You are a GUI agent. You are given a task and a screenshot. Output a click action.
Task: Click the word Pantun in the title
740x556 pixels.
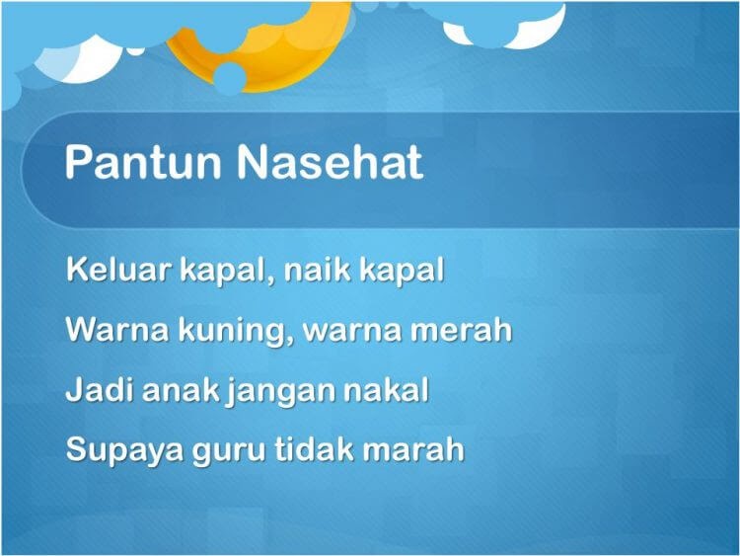pyautogui.click(x=143, y=162)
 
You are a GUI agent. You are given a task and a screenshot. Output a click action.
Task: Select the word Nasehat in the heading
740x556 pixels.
pyautogui.click(x=330, y=162)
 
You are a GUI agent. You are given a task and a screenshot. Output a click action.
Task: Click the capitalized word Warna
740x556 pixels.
pyautogui.click(x=117, y=329)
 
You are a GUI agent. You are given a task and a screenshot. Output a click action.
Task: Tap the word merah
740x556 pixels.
pyautogui.click(x=461, y=329)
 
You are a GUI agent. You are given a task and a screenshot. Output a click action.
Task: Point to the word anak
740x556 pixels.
pyautogui.click(x=181, y=389)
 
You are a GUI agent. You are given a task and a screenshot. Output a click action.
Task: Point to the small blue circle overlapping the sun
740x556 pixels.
pyautogui.click(x=230, y=78)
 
